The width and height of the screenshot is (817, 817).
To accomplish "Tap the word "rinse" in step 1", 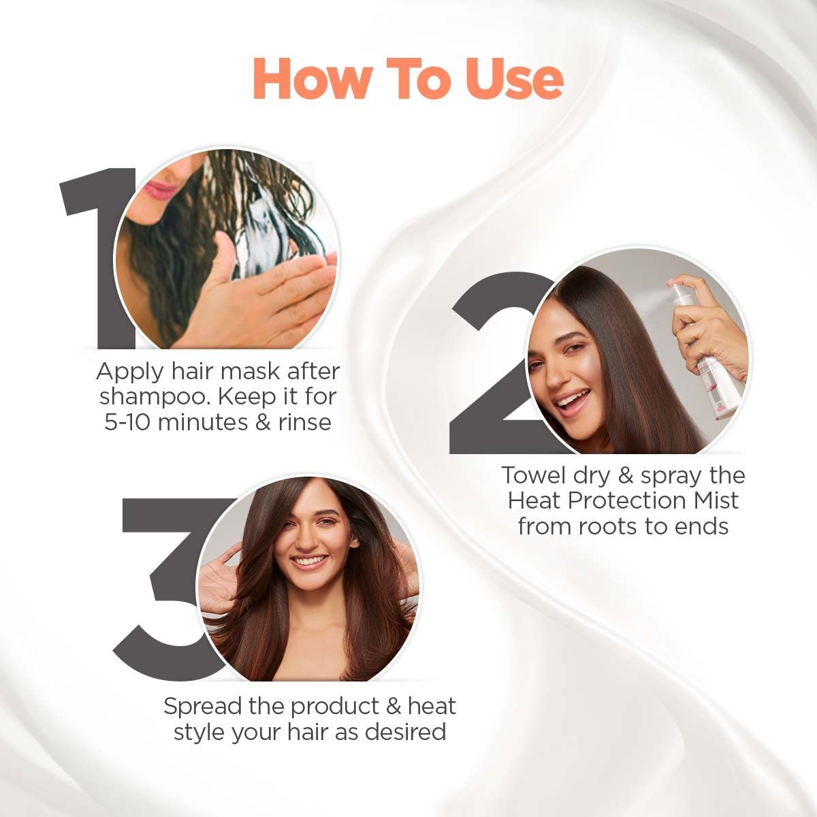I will point(304,422).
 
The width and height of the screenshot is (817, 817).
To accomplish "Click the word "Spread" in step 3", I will point(202,706).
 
